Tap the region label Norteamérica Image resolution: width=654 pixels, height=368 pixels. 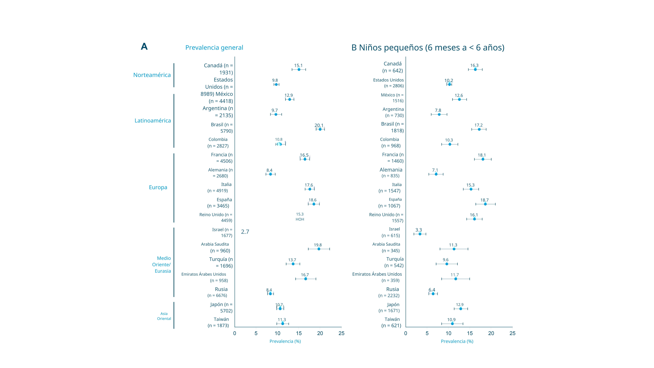pos(152,75)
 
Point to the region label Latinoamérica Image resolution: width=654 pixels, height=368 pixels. pos(153,121)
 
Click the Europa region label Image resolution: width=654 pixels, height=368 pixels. pos(158,187)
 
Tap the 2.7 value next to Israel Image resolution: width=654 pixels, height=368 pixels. pos(245,232)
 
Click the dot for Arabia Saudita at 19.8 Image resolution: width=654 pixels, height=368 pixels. pos(319,249)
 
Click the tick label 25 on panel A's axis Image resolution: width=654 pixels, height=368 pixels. pos(341,333)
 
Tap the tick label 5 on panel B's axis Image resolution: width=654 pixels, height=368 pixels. pos(427,333)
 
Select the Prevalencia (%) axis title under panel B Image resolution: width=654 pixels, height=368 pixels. pos(457,341)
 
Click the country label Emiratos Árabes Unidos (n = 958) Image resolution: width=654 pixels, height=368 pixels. pos(204,277)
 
